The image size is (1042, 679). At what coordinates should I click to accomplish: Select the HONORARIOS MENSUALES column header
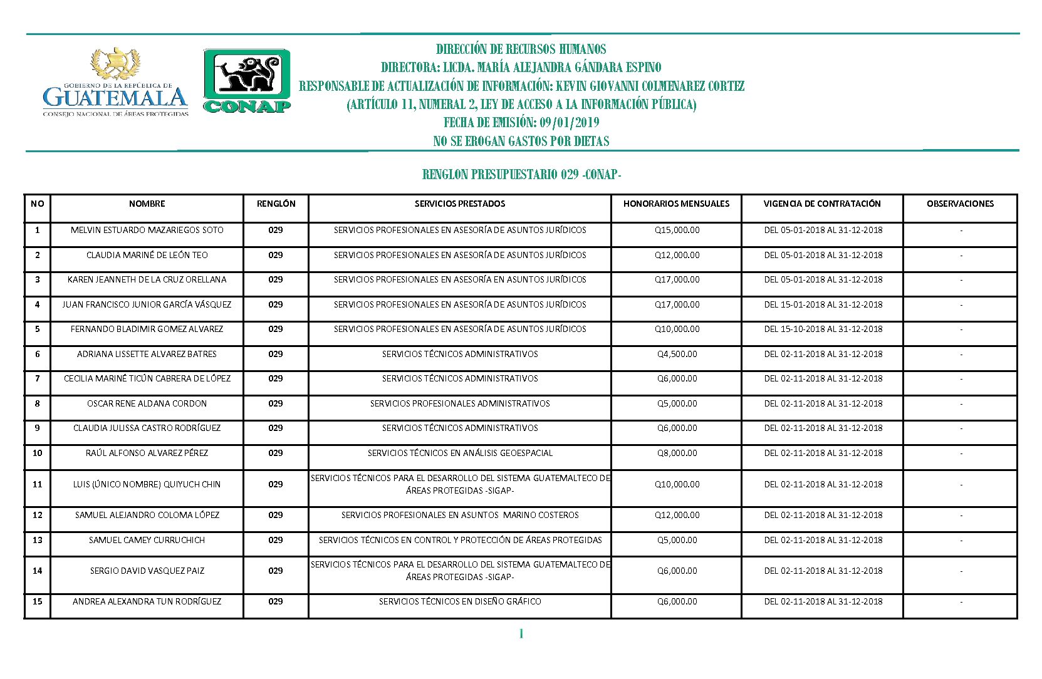(676, 204)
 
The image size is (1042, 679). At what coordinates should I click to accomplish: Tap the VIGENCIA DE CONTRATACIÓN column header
(822, 204)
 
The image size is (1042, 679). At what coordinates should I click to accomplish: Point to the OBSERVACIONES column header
(960, 204)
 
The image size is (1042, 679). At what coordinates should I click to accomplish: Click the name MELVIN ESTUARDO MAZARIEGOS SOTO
(147, 230)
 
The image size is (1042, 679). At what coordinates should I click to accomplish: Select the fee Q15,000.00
(677, 230)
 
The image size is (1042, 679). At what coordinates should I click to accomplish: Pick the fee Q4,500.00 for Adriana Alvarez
(677, 354)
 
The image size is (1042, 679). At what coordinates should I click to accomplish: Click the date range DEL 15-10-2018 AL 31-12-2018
(823, 329)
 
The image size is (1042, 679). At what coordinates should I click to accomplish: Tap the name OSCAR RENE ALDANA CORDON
(147, 403)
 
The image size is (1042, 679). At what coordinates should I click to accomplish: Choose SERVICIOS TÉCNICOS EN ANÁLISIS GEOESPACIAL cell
(460, 453)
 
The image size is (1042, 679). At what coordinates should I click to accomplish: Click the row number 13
(38, 540)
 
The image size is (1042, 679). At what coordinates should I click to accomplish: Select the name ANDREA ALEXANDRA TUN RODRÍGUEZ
(147, 601)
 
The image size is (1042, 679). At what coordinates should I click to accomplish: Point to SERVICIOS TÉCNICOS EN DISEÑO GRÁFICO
(460, 601)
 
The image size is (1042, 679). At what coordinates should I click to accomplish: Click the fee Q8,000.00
(677, 453)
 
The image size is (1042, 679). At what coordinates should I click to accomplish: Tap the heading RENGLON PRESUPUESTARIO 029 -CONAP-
(521, 175)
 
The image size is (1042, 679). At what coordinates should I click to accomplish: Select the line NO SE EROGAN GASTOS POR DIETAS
(521, 142)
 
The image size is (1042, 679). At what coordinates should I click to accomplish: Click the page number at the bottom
(521, 634)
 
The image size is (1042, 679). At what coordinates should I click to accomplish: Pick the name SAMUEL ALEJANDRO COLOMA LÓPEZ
(147, 515)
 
